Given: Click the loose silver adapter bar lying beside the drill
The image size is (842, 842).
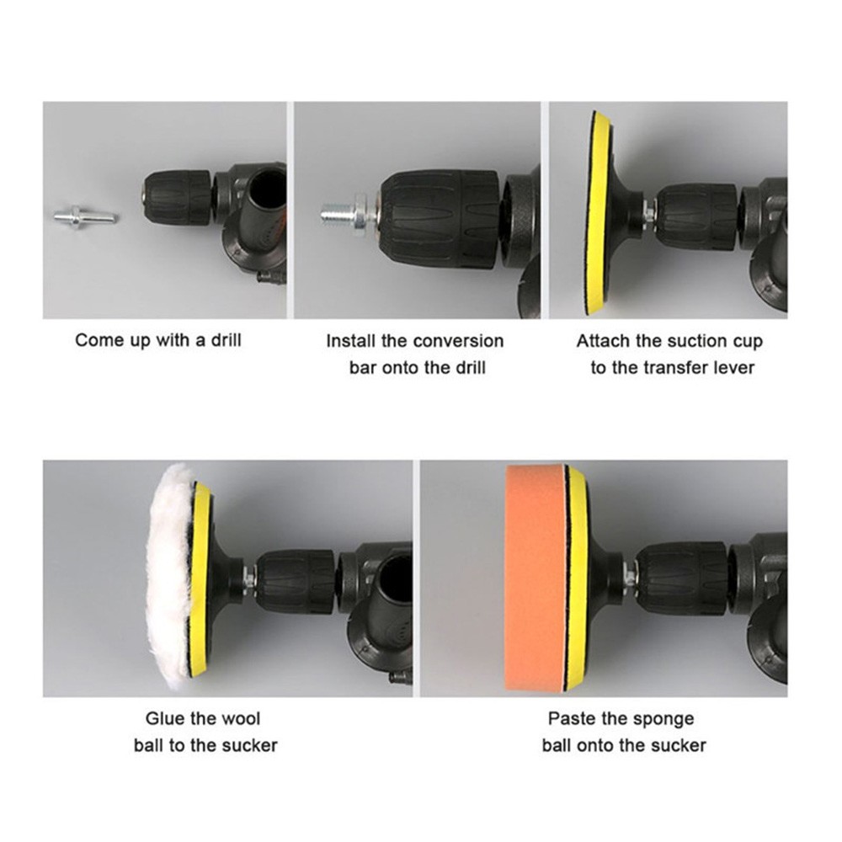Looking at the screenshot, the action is [x=86, y=217].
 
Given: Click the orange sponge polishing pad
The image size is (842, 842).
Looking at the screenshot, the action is [x=536, y=579].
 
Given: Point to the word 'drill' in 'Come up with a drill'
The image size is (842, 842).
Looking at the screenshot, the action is [x=226, y=340].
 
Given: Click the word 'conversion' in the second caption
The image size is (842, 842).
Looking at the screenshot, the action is [x=458, y=342].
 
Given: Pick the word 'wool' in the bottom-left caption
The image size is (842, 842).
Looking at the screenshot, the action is [x=241, y=718].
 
